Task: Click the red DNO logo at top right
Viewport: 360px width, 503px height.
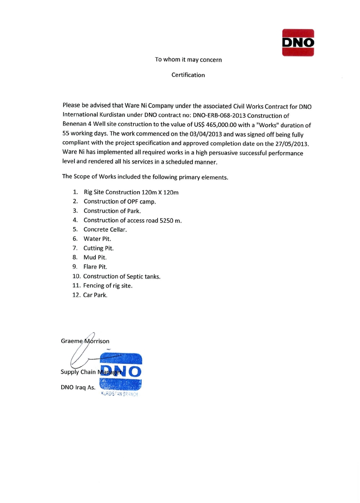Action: pos(298,42)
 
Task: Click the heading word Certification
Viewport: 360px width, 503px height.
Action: pos(188,75)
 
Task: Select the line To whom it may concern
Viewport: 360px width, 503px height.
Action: pos(188,60)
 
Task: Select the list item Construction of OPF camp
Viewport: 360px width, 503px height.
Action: pos(120,201)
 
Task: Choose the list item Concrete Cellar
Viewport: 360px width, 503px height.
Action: pos(105,229)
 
